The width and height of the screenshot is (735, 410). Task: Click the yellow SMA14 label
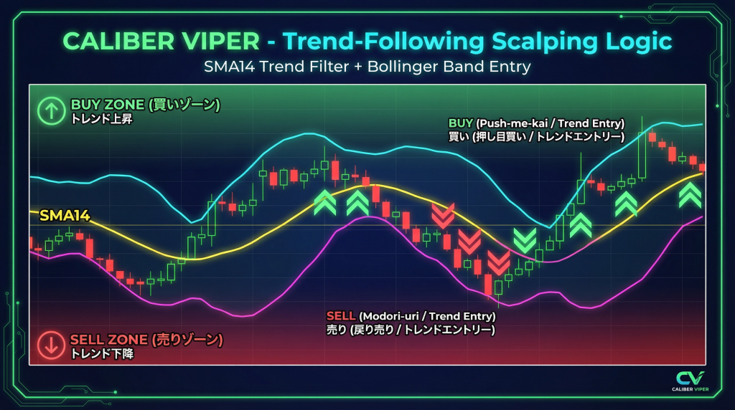point(64,215)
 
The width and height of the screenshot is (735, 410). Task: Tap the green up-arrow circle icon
point(51,111)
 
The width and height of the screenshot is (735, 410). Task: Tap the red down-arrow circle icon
point(51,345)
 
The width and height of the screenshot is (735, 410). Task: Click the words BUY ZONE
point(108,105)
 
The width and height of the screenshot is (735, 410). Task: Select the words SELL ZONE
point(109,339)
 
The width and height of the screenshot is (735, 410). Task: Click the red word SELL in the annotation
point(341,316)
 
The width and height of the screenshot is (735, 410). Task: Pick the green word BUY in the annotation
point(460,123)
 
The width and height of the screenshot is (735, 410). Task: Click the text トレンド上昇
point(102,119)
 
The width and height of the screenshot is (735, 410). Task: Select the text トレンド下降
point(102,353)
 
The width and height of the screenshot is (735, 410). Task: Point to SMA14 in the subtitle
point(230,67)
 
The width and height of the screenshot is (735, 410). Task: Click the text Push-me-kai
point(514,123)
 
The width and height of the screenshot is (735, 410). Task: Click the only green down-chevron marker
point(525,241)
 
